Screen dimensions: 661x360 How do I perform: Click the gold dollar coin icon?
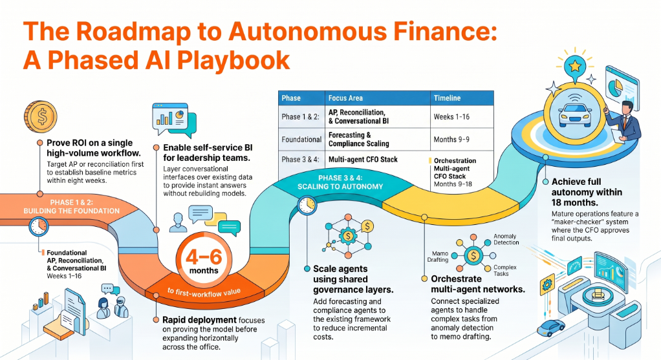pyautogui.click(x=41, y=116)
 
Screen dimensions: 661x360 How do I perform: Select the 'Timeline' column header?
pyautogui.click(x=448, y=98)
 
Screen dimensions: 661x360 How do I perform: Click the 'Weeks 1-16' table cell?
pyautogui.click(x=451, y=116)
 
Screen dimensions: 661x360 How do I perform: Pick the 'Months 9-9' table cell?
pyautogui.click(x=451, y=140)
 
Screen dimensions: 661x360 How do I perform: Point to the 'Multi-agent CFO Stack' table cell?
pyautogui.click(x=363, y=160)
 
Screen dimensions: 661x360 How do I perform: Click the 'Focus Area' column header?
pyautogui.click(x=345, y=98)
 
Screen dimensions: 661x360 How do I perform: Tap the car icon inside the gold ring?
pyautogui.click(x=574, y=113)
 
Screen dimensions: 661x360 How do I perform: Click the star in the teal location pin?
pyautogui.click(x=575, y=66)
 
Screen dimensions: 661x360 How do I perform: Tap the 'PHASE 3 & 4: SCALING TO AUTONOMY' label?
pyautogui.click(x=340, y=182)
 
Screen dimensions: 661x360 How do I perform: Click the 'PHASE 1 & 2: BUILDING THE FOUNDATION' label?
pyautogui.click(x=72, y=206)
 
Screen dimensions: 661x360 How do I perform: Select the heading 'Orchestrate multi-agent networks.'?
pyautogui.click(x=478, y=284)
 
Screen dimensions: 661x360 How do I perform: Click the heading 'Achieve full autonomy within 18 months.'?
pyautogui.click(x=587, y=192)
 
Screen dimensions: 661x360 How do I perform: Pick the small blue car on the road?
pyautogui.click(x=551, y=327)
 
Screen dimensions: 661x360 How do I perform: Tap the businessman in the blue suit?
pyautogui.click(x=624, y=122)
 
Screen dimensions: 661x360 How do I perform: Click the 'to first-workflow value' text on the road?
pyautogui.click(x=204, y=291)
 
